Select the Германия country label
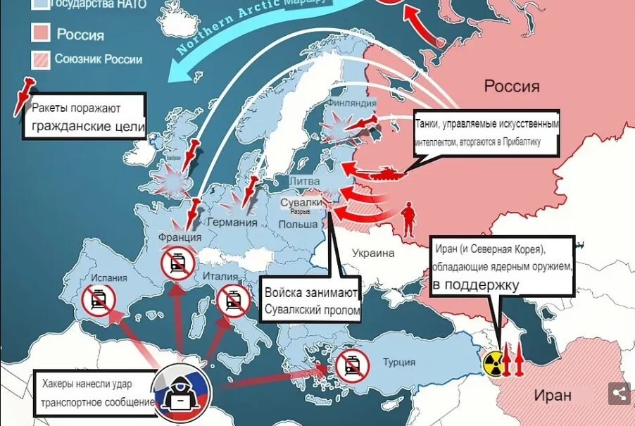click(x=233, y=223)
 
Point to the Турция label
click(x=399, y=363)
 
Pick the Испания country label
click(x=108, y=277)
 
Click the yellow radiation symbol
click(x=494, y=363)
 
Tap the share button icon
click(x=619, y=393)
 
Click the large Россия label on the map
click(x=512, y=87)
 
